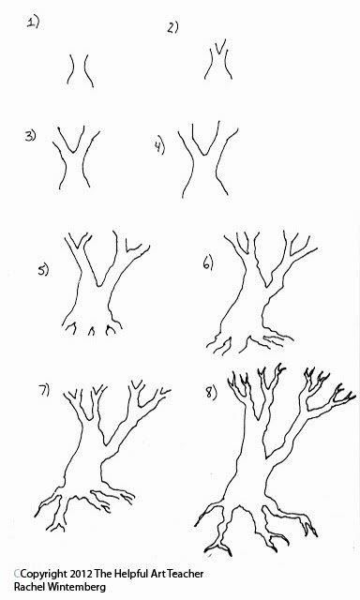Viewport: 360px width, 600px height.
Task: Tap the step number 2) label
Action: click(x=172, y=28)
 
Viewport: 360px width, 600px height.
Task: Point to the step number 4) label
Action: click(x=159, y=145)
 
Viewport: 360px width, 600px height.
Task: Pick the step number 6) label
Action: click(x=209, y=265)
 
